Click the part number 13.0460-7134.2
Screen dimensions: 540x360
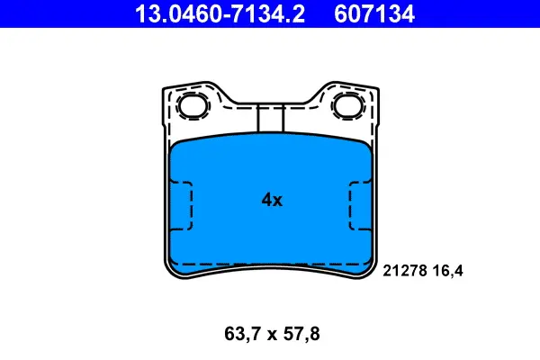(x=220, y=13)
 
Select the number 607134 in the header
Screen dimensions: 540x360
(x=374, y=13)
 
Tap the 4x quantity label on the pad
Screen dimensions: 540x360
(x=272, y=200)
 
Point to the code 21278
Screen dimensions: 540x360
(x=405, y=271)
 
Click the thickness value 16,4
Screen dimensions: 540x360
(x=448, y=271)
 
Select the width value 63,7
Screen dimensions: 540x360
(x=241, y=334)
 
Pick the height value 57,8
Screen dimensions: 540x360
(x=301, y=334)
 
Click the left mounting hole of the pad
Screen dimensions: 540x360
(x=193, y=105)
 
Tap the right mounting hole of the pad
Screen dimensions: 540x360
(x=347, y=105)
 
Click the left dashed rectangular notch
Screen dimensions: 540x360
(x=181, y=206)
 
